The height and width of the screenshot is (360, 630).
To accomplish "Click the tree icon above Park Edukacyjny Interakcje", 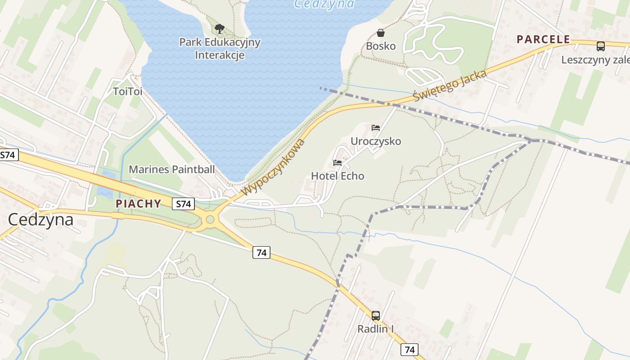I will coord(220,29).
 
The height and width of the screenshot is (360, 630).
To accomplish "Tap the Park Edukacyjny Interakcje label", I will coord(220,49).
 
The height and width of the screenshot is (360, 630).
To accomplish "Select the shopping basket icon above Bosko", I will coord(381,33).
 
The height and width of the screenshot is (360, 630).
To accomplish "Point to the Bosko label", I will coord(381,46).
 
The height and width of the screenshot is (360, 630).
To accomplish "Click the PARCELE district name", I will coord(543,39).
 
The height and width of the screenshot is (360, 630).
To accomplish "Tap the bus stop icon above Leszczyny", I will coord(600,46).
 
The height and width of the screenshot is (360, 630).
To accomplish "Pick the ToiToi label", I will coord(128,91).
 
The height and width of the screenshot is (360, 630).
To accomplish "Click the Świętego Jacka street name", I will coord(450,85).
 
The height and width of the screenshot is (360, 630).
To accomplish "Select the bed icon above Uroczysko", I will coord(376,128).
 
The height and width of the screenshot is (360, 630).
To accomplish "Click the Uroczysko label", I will coord(376,141).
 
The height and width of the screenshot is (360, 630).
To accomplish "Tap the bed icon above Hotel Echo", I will coord(337,162).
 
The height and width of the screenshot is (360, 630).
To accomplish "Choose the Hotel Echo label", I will coord(337,176).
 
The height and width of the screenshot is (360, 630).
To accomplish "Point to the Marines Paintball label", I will coord(172,170).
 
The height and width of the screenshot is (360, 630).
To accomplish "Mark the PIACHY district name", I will coord(139,203).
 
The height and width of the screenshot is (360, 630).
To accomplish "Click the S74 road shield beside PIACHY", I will coord(183,204).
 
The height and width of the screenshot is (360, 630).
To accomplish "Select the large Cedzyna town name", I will coord(41,220).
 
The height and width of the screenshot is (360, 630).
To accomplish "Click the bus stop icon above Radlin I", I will coord(376,315).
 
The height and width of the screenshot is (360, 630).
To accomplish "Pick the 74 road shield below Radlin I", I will coord(409,349).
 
